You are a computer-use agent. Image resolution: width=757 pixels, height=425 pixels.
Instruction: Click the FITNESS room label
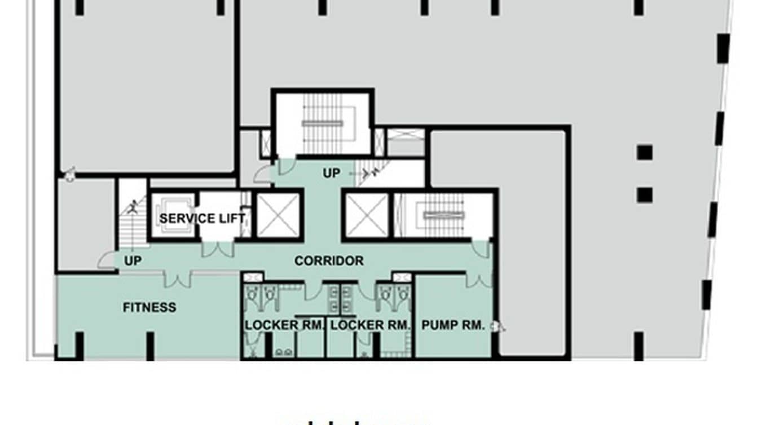149,307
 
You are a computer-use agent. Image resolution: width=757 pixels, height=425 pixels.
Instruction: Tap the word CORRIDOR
329,261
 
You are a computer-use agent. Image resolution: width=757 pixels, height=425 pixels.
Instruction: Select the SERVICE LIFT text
202,218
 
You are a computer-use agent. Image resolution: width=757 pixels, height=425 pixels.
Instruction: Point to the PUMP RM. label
453,325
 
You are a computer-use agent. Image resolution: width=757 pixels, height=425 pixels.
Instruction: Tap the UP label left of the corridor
133,261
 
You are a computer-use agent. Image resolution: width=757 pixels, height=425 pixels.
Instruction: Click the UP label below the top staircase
331,173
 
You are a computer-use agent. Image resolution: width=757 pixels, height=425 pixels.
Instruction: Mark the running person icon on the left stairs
133,207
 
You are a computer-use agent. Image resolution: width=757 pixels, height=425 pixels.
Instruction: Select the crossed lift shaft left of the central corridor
278,215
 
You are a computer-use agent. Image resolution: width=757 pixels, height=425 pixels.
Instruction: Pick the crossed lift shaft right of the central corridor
367,215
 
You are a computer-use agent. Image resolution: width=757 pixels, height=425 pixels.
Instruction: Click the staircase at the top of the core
323,123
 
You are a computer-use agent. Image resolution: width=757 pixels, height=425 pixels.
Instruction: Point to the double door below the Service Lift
217,249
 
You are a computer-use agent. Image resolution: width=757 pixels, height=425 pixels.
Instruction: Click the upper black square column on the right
645,152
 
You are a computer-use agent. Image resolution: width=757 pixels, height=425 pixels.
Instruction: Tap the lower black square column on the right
645,195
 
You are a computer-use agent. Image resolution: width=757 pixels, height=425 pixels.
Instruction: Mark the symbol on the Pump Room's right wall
498,326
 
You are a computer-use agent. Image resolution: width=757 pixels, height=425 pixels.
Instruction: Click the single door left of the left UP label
106,260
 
